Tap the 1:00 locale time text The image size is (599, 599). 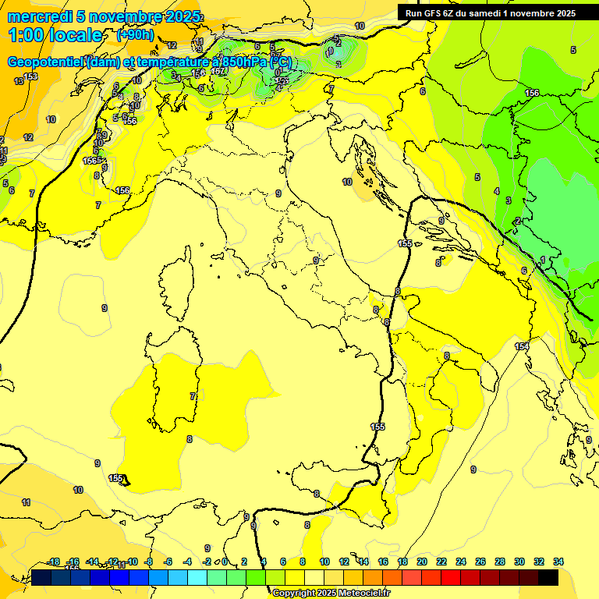(55, 35)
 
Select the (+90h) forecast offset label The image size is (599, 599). (135, 35)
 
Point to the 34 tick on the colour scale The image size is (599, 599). (558, 562)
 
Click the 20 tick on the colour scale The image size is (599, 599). (422, 562)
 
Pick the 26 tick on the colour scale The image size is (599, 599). (480, 562)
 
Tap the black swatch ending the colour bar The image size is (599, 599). (548, 577)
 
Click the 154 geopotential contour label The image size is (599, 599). (522, 346)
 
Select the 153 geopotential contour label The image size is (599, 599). (30, 76)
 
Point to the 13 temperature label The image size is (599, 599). (19, 81)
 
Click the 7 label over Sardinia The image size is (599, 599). (193, 396)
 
